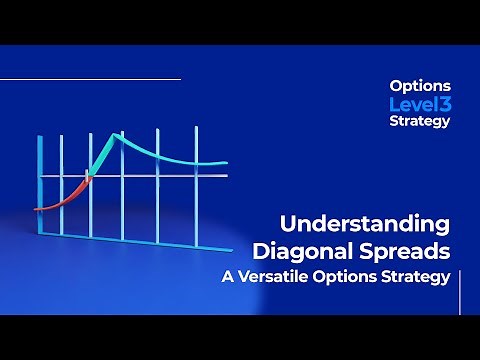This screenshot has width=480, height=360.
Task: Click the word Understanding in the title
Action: (364, 222)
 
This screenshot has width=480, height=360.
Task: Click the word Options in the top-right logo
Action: (419, 86)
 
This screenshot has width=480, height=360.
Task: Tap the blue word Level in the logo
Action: (411, 103)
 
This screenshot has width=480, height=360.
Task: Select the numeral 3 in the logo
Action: (444, 103)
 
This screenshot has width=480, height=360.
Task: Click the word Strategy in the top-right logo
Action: (419, 121)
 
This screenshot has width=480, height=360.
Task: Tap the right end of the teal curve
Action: (226, 162)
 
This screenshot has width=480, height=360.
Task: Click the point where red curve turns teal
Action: (87, 178)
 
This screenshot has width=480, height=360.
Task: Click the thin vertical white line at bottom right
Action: (460, 290)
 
